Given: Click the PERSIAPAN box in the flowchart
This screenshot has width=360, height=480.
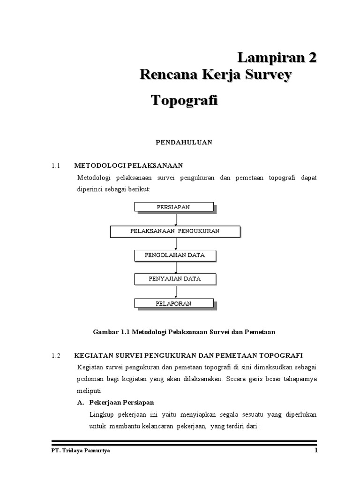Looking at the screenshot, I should coord(174,207).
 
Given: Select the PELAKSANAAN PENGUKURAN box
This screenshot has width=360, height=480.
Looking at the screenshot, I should coord(175,231).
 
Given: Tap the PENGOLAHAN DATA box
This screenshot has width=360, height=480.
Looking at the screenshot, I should coord(175,255).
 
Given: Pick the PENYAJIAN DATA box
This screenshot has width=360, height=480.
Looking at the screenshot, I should coord(175,279).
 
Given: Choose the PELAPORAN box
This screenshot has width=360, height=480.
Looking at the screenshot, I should coord(174,303).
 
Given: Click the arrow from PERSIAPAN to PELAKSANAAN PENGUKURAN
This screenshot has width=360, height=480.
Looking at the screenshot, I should coord(176,219).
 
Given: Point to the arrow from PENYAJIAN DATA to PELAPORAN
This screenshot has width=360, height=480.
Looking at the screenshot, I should coord(176,292).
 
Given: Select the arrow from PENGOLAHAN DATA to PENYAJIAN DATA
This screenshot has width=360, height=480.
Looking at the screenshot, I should coord(176,267).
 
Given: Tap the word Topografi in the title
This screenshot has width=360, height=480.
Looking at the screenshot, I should coord(184,100).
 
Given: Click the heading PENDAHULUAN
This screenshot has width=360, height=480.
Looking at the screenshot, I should coord(184,142).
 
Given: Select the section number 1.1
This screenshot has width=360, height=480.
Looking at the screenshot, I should coord(56,165).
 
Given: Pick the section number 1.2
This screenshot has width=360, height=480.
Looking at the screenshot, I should coord(56,356).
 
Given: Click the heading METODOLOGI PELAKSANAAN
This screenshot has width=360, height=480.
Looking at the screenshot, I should coord(128,165).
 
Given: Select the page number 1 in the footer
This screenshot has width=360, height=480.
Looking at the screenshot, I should coord(316,451).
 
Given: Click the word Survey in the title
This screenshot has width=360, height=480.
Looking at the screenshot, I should coord(270,75).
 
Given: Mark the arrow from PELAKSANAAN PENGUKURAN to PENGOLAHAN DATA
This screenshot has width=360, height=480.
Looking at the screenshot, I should coord(176,243).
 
